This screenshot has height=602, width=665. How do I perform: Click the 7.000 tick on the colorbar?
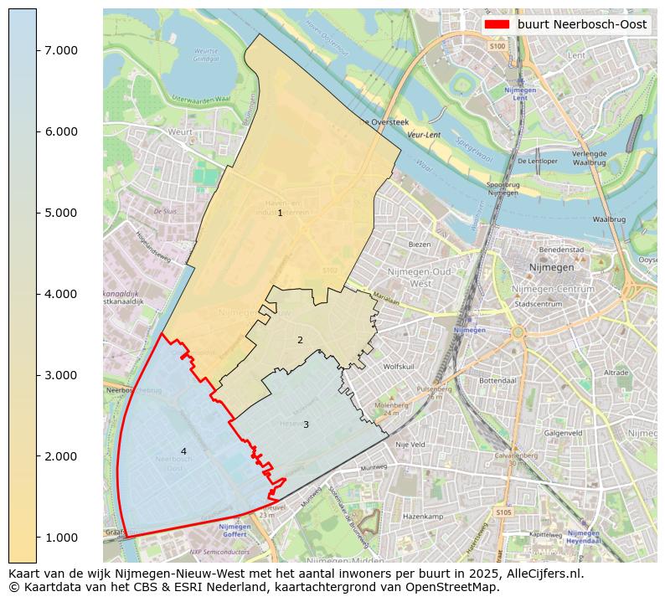(60, 50)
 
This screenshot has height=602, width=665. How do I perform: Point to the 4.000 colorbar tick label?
(60, 294)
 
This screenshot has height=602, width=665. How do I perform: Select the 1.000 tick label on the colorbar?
(60, 538)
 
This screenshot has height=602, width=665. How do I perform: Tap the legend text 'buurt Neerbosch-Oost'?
(581, 24)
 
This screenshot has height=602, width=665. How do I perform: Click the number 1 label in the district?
(280, 214)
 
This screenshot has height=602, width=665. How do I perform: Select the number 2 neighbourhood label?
(300, 340)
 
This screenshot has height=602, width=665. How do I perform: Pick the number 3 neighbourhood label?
(306, 424)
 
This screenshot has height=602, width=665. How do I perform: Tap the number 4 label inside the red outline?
(183, 451)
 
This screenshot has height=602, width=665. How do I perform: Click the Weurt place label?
(180, 132)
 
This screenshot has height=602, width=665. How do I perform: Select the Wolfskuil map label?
(399, 367)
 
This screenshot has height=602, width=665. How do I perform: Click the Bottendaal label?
(496, 380)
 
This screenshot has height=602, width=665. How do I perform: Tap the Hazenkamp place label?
(422, 517)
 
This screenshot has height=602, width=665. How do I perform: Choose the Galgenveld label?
(563, 433)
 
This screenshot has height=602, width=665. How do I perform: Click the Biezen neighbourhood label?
(419, 244)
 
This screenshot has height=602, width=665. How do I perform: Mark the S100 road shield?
(497, 46)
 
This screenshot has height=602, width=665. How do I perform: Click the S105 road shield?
(503, 512)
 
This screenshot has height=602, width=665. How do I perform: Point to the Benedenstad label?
(561, 250)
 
